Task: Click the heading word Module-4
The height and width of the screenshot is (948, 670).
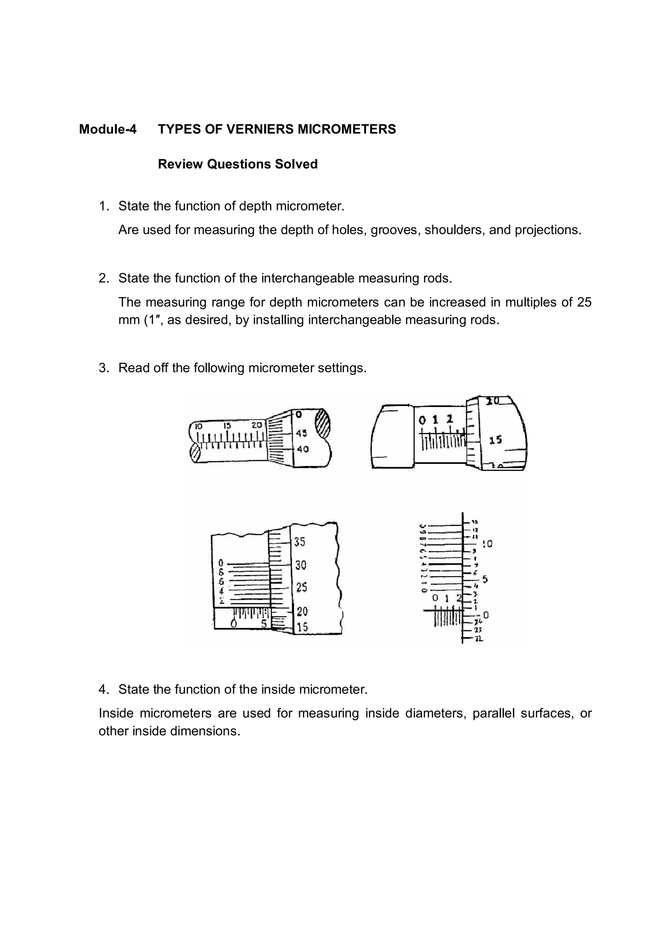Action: [x=107, y=129]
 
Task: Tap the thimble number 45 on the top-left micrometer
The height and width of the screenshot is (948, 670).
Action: [x=301, y=433]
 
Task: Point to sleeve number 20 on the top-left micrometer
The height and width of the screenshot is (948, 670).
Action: [x=257, y=425]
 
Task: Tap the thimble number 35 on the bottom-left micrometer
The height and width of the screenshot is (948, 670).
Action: [x=300, y=542]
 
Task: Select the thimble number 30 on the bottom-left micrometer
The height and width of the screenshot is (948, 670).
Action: [x=301, y=565]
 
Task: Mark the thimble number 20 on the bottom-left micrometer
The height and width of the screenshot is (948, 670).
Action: [x=302, y=611]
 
